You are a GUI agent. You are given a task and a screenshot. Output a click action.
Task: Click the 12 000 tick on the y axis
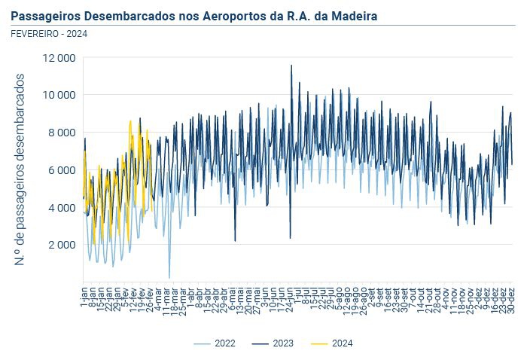click(x=60, y=58)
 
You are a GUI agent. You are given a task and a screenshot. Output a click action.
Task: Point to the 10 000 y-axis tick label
click(x=60, y=95)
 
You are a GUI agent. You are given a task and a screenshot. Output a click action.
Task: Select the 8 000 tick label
click(x=62, y=133)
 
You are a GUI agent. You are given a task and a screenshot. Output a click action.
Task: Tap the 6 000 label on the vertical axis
click(x=62, y=170)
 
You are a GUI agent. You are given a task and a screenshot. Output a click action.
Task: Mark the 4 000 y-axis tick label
click(x=62, y=207)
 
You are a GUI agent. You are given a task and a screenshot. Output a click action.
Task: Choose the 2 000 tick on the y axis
click(x=62, y=245)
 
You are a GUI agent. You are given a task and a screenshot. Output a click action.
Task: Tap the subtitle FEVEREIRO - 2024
click(x=48, y=32)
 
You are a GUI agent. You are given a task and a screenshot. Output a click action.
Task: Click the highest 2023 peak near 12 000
click(x=291, y=66)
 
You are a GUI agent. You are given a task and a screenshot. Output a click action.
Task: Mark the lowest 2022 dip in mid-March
click(x=169, y=277)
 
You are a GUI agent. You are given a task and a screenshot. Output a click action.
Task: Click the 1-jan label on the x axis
click(x=84, y=291)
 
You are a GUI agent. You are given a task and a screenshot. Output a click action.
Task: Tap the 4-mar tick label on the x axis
click(x=158, y=292)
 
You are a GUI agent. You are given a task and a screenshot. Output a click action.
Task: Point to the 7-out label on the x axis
click(x=413, y=291)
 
